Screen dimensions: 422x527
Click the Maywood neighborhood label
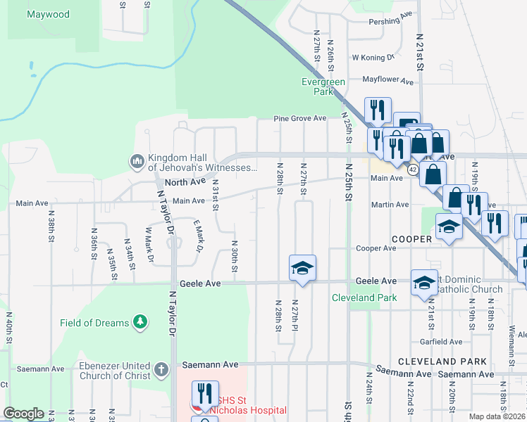click(48, 14)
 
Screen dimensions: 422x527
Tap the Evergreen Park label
click(323, 87)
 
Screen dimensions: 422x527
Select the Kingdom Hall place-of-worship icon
click(136, 162)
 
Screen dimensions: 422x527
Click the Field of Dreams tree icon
click(141, 322)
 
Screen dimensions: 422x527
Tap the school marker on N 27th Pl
click(302, 269)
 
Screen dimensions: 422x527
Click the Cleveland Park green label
click(364, 298)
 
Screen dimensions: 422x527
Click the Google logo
click(24, 414)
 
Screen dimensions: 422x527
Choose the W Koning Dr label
click(372, 58)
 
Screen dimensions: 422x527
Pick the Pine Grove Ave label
click(300, 118)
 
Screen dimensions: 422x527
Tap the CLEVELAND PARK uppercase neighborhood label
click(442, 361)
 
